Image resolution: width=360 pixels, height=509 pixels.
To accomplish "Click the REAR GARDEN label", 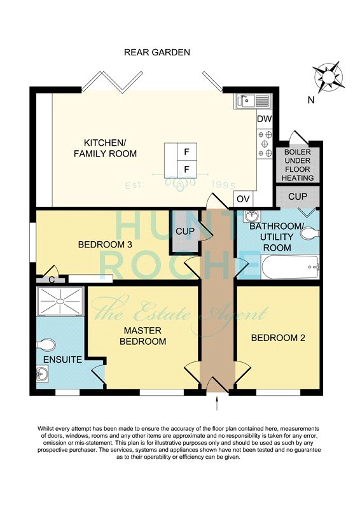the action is coord(157,52).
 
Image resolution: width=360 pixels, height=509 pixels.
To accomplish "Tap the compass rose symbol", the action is coord(328,77).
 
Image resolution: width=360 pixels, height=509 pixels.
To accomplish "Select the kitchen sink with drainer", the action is coord(253,101).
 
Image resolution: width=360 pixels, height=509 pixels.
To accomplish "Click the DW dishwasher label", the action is coord(264,119).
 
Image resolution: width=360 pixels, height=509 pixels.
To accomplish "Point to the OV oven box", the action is coord(243,199).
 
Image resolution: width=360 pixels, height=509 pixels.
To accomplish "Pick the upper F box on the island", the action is coord(186,151).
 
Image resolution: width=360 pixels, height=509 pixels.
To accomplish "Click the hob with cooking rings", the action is coord(265,143).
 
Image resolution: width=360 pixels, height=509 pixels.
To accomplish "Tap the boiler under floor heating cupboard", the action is coord(298,165).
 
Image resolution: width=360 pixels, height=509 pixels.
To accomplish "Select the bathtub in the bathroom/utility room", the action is coord(290,267).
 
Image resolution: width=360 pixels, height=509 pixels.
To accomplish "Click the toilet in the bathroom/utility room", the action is coord(310,234).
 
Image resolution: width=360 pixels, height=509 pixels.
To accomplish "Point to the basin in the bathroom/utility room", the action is coord(253,215).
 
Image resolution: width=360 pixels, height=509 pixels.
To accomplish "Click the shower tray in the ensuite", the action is coord(60,301).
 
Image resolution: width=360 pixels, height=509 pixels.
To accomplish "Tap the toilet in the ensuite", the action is coord(45,344).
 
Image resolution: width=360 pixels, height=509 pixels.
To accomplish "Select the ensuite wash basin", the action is coord(42,373).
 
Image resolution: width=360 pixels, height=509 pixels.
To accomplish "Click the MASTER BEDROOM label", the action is coord(143,336).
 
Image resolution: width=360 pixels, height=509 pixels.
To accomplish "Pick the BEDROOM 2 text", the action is coord(278,338).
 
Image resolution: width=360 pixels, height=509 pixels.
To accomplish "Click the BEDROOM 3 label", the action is coord(105,244).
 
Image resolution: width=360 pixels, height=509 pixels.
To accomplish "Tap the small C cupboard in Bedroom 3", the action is coord(51,279).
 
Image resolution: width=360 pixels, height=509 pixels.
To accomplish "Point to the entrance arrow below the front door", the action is coord(216,403).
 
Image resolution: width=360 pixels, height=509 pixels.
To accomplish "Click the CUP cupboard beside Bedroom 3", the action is coord(185,231).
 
